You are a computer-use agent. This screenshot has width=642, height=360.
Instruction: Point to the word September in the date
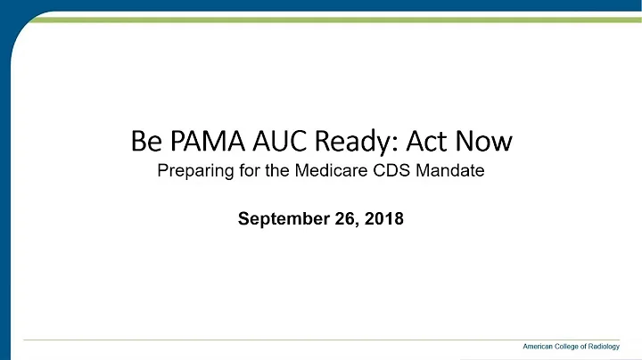point(276,217)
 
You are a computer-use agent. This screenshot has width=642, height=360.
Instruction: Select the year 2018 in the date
point(379,217)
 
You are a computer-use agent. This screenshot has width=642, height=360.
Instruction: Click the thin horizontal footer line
point(267,339)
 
